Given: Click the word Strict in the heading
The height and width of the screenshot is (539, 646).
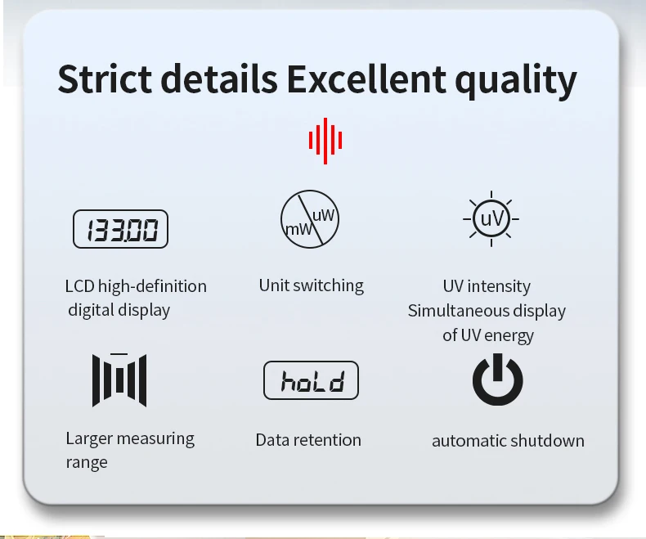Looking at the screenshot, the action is pos(105,79).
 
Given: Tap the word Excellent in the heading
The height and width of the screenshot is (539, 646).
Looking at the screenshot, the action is pos(366,79).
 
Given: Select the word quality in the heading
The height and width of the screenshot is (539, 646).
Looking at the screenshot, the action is pos(516,80).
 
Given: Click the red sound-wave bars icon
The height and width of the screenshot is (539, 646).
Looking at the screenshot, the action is pos(325,141).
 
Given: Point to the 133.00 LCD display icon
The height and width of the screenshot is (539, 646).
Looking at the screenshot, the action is pos(120,229).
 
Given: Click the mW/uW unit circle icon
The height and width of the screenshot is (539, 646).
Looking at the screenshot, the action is pos(310,219).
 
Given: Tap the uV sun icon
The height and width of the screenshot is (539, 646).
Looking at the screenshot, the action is pos(491,218).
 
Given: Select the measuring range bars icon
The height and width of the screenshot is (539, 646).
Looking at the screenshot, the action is pos(119,380).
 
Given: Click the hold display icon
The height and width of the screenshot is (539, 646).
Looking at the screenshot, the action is pos(311,380).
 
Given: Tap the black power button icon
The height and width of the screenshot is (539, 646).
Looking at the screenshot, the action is pos(498,380).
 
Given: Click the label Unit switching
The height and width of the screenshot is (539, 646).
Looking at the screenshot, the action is pos(312,285).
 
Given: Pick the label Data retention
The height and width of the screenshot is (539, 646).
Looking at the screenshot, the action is pos(308,440).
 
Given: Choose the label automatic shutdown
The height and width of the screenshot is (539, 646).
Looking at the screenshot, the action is pos(508,441).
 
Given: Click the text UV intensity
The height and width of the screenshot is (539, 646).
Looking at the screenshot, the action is pos(487,286).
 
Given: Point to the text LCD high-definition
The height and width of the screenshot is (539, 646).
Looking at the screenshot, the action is pos(136,286).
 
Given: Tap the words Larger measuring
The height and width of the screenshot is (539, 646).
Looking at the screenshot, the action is pos(130,439).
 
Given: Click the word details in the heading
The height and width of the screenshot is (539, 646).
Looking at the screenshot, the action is pos(219,79).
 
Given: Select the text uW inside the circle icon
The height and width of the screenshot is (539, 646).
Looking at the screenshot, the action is pos(324,215).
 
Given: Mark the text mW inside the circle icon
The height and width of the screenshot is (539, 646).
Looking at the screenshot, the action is pos(298,229).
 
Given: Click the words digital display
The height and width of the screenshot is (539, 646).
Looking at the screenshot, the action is pos(119,310).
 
